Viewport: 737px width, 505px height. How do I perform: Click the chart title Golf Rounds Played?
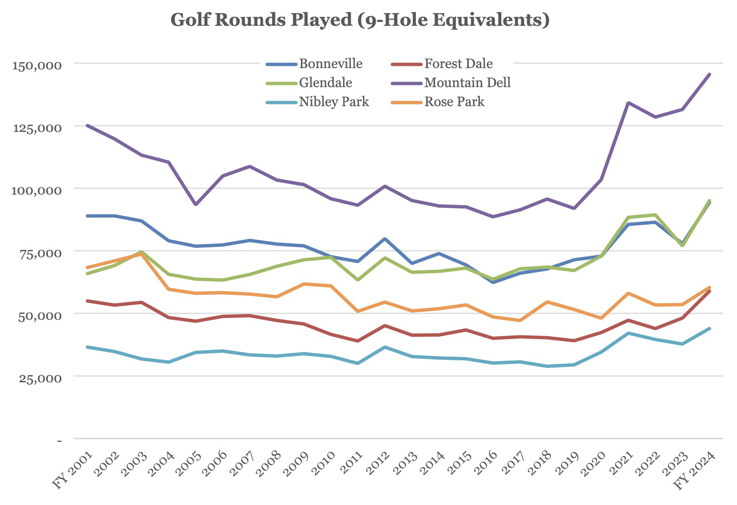click(x=360, y=20)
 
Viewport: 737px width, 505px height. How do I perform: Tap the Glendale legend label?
click(x=325, y=82)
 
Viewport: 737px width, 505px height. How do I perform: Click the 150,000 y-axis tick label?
click(x=37, y=66)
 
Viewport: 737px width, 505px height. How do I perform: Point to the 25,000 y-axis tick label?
click(x=40, y=378)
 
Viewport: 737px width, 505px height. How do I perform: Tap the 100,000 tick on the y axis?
click(x=37, y=190)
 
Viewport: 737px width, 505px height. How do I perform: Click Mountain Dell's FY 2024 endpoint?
click(x=709, y=74)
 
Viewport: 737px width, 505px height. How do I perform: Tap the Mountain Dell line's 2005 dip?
click(x=195, y=205)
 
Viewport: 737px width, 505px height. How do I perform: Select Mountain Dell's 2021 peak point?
click(x=629, y=103)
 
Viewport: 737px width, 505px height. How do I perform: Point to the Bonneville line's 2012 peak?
click(x=385, y=239)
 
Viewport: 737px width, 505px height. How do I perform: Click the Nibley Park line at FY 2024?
click(x=709, y=329)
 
